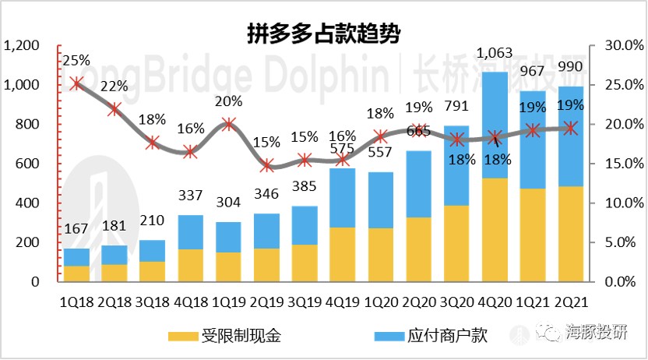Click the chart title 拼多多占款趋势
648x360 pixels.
pos(323,34)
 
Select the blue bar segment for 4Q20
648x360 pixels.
pos(496,125)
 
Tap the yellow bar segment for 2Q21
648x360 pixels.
pos(572,233)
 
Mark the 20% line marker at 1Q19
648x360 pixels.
pos(229,124)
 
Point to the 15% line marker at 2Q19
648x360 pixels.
pos(267,164)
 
